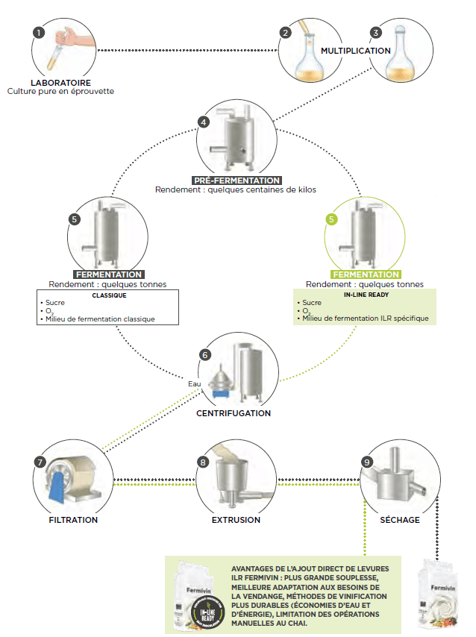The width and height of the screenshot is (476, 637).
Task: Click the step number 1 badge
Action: (x=39, y=34)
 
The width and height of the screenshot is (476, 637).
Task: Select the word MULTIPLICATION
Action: (x=356, y=51)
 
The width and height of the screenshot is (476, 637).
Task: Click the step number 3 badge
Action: (x=376, y=33)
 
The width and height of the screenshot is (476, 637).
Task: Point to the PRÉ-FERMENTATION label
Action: (x=237, y=181)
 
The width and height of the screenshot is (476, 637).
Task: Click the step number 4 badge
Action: (x=203, y=122)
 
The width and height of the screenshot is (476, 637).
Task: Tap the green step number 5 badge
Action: (x=332, y=219)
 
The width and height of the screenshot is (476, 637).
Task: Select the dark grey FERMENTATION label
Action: (x=109, y=274)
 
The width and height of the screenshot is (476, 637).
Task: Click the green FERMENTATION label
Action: (x=366, y=274)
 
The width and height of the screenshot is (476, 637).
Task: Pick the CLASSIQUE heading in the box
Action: (x=109, y=295)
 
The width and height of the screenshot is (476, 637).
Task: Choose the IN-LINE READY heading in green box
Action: (x=366, y=295)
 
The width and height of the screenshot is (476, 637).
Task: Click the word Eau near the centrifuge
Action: (x=194, y=384)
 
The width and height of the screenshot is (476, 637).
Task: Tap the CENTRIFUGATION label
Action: (x=234, y=412)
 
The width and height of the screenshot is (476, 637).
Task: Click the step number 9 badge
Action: (x=366, y=462)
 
